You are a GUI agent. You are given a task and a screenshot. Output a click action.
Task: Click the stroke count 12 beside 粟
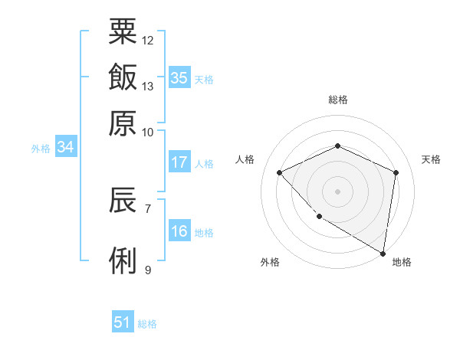click(x=148, y=40)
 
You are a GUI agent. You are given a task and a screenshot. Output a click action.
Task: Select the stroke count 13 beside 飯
click(x=148, y=86)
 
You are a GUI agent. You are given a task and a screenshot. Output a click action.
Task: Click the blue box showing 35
click(x=179, y=78)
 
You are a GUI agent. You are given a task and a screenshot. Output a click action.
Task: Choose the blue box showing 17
click(x=179, y=162)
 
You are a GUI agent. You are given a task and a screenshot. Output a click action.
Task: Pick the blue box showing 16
click(x=179, y=231)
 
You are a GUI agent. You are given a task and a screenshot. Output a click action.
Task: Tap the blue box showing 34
click(x=65, y=147)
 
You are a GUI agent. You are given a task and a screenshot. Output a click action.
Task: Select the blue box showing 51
click(x=122, y=322)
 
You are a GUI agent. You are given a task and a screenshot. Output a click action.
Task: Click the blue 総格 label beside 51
click(x=147, y=324)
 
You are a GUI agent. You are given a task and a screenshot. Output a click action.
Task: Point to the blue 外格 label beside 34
click(x=41, y=149)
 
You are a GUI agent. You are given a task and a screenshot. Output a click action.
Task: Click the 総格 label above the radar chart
click(x=337, y=100)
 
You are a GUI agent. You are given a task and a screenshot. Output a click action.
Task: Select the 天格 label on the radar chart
click(x=431, y=159)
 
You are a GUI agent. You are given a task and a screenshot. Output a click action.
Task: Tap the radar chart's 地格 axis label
click(x=402, y=262)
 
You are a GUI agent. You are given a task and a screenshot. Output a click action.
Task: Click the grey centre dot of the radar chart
click(x=337, y=191)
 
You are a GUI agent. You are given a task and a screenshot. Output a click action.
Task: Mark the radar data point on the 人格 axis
click(x=280, y=172)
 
